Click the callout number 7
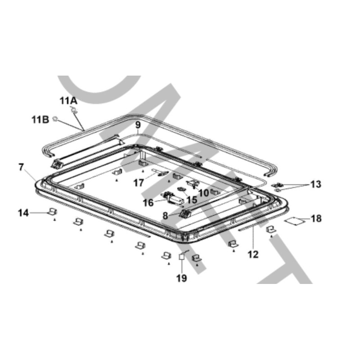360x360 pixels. [x=21, y=167]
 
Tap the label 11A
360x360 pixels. [x=68, y=101]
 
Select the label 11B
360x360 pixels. [x=40, y=120]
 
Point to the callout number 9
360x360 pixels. [x=138, y=125]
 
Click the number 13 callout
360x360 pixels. [x=316, y=184]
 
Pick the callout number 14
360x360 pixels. [x=23, y=213]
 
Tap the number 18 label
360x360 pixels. [x=316, y=219]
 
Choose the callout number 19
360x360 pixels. [x=182, y=278]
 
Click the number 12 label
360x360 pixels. [x=253, y=254]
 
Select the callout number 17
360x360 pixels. [x=139, y=183]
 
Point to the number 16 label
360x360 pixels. [x=148, y=203]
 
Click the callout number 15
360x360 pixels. [x=192, y=200]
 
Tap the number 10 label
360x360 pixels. [x=204, y=193]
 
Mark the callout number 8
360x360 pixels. [x=165, y=216]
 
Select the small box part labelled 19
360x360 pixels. [x=182, y=256]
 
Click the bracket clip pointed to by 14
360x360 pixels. [x=52, y=211]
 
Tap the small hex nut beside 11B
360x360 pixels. [x=55, y=119]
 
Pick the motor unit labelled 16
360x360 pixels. [x=173, y=198]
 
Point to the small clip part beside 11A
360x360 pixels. [x=74, y=110]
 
